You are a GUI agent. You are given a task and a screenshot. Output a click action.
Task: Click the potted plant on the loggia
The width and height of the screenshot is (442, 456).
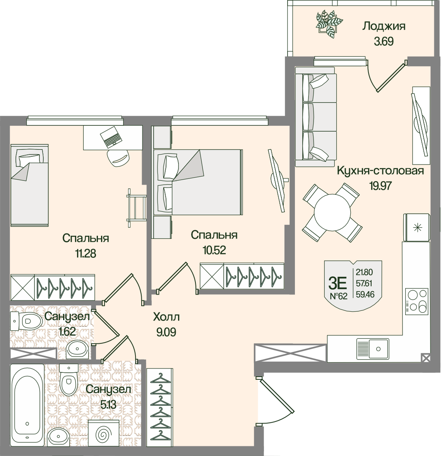click(329, 24)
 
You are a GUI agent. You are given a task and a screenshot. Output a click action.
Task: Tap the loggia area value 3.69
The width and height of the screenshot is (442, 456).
click(384, 41)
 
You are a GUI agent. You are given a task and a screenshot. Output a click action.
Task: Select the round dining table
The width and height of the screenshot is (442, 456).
click(332, 212)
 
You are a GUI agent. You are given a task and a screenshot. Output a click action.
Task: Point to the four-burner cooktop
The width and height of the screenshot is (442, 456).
click(417, 301)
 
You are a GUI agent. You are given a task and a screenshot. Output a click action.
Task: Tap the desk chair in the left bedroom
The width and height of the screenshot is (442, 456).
click(118, 158)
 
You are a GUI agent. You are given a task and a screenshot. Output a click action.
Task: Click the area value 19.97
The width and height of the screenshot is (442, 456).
click(380, 185)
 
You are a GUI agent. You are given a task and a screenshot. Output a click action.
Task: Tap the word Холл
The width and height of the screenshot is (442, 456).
click(166, 317)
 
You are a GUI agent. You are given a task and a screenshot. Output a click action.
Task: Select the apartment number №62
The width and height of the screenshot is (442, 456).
click(338, 296)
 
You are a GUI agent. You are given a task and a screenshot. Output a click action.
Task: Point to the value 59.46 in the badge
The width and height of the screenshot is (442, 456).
click(365, 295)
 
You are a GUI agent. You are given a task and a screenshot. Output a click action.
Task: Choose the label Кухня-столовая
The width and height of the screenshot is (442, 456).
click(380, 171)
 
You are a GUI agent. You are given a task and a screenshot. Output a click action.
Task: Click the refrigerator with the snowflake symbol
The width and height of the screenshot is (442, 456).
click(416, 227)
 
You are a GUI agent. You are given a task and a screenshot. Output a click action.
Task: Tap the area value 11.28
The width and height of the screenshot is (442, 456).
click(86, 254)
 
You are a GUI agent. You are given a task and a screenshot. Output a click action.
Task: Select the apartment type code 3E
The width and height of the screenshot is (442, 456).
click(337, 283)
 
